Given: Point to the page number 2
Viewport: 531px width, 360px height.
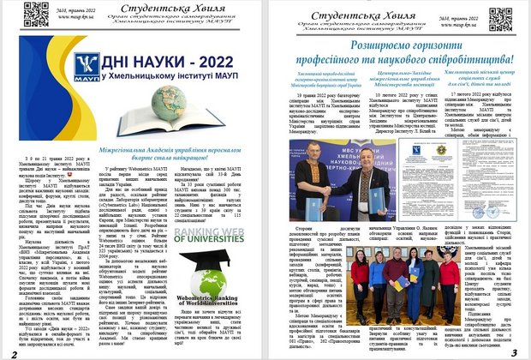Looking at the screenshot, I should click(14, 352).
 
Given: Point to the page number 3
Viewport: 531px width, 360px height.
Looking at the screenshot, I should click(514, 352).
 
